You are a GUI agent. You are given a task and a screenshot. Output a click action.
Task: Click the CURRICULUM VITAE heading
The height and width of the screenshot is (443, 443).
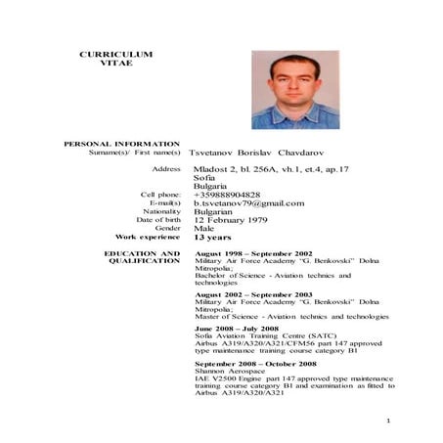click(x=115, y=58)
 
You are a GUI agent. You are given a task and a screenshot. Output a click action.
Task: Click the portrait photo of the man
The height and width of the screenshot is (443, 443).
click(x=295, y=90)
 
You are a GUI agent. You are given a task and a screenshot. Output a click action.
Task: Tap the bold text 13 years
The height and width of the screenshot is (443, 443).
click(x=212, y=237)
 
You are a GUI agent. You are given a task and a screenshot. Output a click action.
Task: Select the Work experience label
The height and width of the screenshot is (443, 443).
click(x=148, y=237)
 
